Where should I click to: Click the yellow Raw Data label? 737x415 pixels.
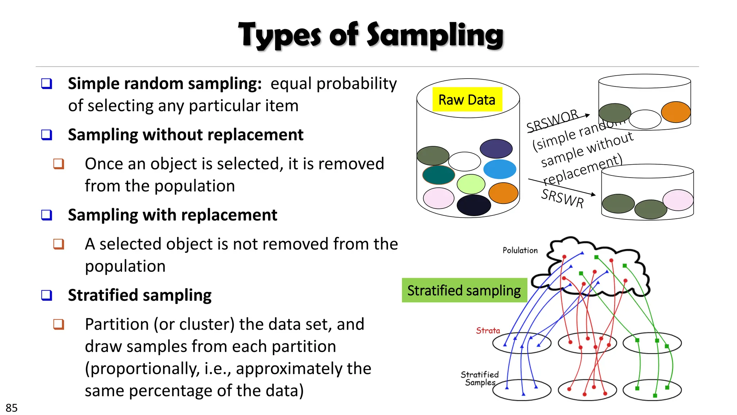point(467,99)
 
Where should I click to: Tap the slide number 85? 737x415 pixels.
point(12,408)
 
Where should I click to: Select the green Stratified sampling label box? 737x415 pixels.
point(464,290)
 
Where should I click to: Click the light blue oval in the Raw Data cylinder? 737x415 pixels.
point(499,169)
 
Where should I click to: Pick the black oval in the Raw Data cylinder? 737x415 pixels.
point(474,205)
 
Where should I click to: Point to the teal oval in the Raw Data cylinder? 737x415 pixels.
point(438,175)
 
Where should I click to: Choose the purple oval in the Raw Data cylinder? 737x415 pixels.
point(496,148)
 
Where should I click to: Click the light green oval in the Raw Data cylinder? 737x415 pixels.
point(471,184)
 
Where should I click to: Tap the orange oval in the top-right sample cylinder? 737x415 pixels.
point(676,112)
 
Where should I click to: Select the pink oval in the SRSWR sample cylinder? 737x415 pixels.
point(678,200)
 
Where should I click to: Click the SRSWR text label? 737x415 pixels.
point(562,198)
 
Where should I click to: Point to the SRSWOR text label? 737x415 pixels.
point(552,120)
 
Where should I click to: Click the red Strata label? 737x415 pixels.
point(488,330)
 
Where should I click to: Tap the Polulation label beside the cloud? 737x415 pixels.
point(520,250)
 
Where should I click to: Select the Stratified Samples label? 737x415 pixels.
point(480,379)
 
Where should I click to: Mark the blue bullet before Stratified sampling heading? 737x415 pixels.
point(47,295)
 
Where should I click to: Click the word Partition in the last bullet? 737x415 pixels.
point(117,324)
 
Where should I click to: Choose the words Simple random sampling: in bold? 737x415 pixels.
point(165,84)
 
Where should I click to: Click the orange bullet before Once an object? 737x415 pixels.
point(59,164)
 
